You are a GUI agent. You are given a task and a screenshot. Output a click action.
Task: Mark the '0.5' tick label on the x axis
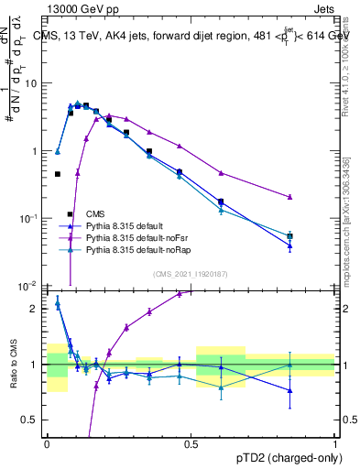coord(191,443)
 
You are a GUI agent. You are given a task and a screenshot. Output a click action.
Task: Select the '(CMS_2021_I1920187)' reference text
coord(191,273)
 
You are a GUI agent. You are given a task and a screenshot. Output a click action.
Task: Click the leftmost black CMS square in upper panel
coord(57,174)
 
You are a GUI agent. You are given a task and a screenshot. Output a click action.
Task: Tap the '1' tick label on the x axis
coord(335,443)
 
